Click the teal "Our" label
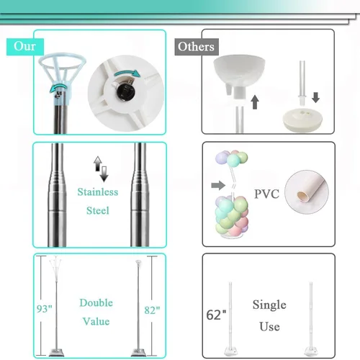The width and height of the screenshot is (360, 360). coord(25,47)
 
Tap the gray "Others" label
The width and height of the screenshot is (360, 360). coord(197,47)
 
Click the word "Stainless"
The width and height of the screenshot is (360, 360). coord(98,192)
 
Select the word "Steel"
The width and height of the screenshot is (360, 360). coord(98,210)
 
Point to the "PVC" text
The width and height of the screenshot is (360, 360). coord(266,194)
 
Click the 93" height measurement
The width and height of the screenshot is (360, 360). coord(45,309)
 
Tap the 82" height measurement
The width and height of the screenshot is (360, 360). coord(152,310)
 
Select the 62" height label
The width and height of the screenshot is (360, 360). coord(216,315)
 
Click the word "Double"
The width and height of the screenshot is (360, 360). coord(96,303)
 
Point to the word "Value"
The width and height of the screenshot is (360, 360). coord(96,321)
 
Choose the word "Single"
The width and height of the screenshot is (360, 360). coord(269,305)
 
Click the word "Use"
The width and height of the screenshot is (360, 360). coord(269,327)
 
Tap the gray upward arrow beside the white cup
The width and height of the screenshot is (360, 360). coord(255,102)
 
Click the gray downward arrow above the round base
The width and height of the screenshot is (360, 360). coord(316,98)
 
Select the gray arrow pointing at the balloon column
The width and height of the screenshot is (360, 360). coord(218,185)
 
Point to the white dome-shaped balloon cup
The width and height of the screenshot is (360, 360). coord(239,71)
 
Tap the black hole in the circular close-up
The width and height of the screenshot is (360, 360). coord(124,91)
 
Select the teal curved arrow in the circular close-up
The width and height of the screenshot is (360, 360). coord(127,73)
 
